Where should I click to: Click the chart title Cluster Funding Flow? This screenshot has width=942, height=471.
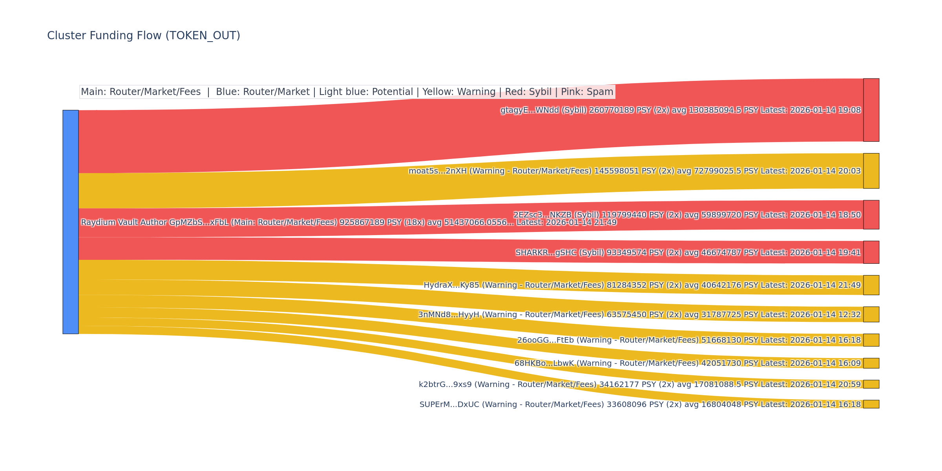point(143,36)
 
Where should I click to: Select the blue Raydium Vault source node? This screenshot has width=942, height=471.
point(71,222)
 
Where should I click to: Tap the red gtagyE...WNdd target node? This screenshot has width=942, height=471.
point(871,110)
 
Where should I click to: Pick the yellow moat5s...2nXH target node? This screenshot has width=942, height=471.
point(871,171)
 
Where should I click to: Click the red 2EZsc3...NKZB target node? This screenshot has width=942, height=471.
point(871,215)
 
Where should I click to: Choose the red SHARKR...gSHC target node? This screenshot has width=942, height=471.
point(871,252)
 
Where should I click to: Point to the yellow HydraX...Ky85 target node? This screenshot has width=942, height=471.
point(871,285)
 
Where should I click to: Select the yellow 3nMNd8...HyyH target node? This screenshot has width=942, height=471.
point(871,314)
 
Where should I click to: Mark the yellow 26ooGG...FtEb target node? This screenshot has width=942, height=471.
point(871,340)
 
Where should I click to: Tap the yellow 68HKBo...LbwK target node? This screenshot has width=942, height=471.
point(871,363)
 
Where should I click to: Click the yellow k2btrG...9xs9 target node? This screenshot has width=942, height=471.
point(871,384)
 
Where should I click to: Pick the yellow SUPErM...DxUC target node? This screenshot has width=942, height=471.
point(871,404)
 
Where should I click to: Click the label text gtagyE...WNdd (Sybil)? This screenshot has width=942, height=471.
point(544,110)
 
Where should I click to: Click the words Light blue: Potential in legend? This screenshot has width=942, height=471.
point(366,92)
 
